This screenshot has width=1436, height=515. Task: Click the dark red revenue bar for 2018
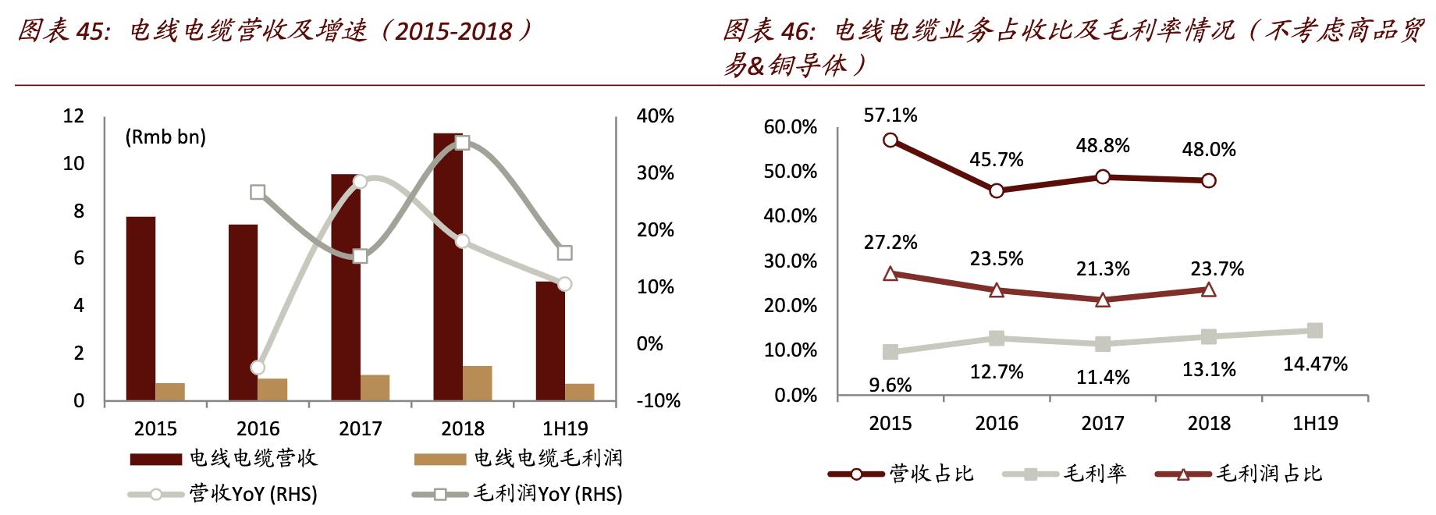click(x=447, y=265)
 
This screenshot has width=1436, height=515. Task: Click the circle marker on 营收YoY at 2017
click(x=360, y=182)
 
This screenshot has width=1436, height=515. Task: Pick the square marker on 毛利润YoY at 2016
click(x=258, y=192)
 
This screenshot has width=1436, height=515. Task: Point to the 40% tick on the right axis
click(x=655, y=116)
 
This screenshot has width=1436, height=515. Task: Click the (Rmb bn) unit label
click(x=165, y=137)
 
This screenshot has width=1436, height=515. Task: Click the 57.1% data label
click(x=890, y=115)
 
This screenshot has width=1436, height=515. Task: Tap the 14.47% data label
click(x=1315, y=364)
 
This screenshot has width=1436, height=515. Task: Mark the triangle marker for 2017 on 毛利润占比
click(x=1102, y=300)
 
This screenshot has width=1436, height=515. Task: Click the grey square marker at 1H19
click(x=1314, y=331)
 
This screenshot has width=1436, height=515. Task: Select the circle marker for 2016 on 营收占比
click(x=996, y=190)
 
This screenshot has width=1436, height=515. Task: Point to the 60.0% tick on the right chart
click(x=790, y=127)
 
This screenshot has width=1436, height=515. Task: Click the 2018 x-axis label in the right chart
click(x=1208, y=423)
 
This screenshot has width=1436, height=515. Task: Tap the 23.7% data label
click(x=1217, y=269)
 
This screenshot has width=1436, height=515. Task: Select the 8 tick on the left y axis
click(x=79, y=211)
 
